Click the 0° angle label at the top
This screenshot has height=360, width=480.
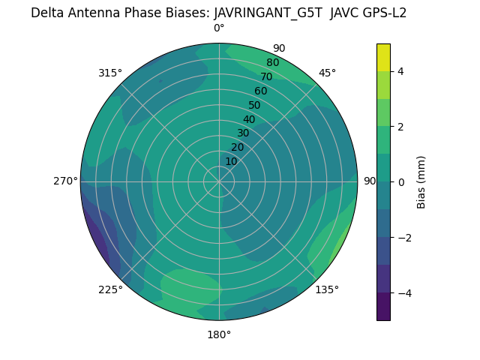click(219, 28)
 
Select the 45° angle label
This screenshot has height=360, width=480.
click(327, 73)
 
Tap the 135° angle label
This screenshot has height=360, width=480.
click(327, 289)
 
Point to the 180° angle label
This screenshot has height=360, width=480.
click(219, 334)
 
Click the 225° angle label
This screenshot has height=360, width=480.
click(110, 289)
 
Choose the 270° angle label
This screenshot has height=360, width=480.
click(65, 181)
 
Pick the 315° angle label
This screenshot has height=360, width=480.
click(110, 73)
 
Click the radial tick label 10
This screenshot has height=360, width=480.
click(231, 161)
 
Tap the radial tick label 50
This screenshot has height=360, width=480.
click(254, 105)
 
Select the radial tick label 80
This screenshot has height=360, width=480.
click(272, 62)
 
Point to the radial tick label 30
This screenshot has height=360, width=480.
click(243, 133)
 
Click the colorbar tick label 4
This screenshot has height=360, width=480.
click(400, 71)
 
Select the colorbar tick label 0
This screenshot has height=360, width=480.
click(400, 182)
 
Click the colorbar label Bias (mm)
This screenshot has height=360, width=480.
click(421, 182)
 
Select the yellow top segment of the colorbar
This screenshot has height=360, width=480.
click(384, 57)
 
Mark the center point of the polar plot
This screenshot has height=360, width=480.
click(219, 181)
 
